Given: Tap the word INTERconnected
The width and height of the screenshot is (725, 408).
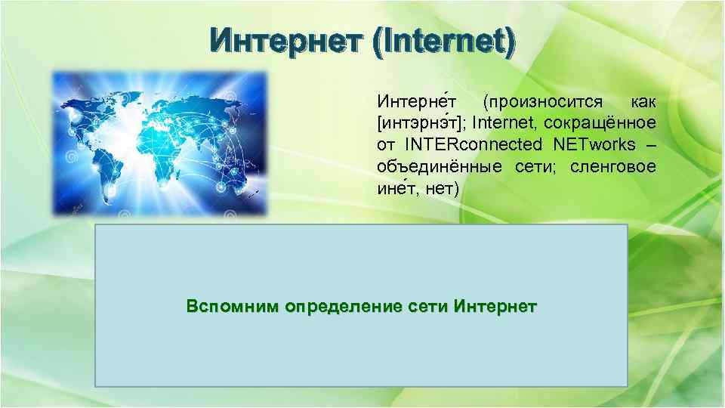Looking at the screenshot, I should pyautogui.click(x=474, y=144).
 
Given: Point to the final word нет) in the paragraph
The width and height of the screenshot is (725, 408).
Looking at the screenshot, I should pyautogui.click(x=442, y=188).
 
